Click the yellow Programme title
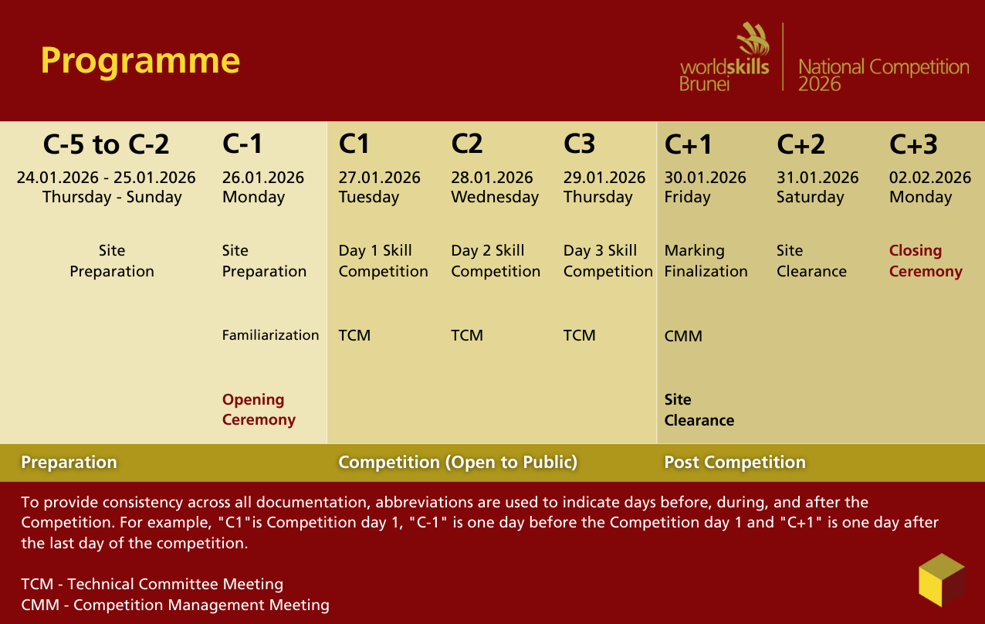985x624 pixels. (x=140, y=61)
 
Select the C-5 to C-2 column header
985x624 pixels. (x=106, y=144)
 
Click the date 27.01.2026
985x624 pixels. (x=379, y=178)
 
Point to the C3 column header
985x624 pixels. (x=579, y=144)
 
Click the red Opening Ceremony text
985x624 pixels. (x=259, y=410)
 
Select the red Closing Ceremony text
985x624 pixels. (x=925, y=261)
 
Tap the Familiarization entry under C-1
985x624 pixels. (x=270, y=335)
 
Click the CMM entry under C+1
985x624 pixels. (x=683, y=337)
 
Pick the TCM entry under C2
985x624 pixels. (x=467, y=335)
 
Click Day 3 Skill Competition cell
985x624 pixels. (x=608, y=261)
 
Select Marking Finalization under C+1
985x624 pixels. (x=706, y=261)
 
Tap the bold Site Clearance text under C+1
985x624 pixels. (x=699, y=410)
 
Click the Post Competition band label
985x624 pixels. (x=734, y=463)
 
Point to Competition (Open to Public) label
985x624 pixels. (x=458, y=463)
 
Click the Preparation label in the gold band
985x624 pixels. (x=69, y=463)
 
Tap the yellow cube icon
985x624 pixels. (x=941, y=580)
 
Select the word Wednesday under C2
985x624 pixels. (x=494, y=197)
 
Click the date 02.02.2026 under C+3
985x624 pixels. (x=929, y=178)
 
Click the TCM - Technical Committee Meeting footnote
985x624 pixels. (x=152, y=585)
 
